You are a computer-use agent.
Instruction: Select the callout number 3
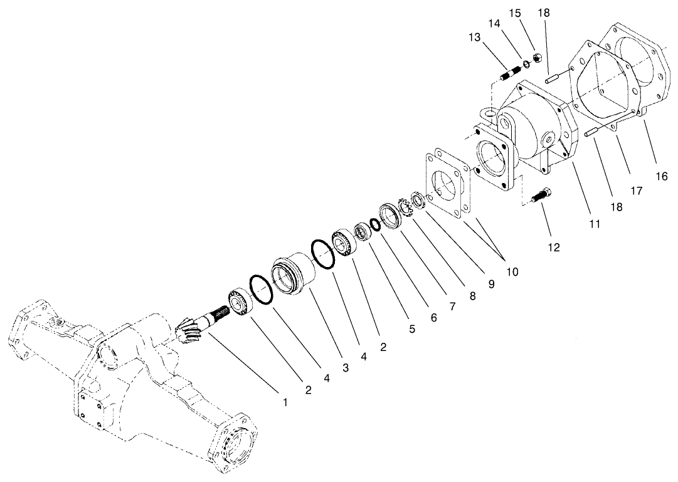[346, 369]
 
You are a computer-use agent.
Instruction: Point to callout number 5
[412, 328]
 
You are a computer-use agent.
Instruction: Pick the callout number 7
[451, 306]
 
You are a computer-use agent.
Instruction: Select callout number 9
[491, 284]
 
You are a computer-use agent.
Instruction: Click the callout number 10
[512, 272]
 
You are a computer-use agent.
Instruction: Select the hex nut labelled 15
[537, 59]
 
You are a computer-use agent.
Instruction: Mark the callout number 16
[661, 176]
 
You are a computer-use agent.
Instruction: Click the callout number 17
[636, 191]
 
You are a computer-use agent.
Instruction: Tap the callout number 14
[495, 23]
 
